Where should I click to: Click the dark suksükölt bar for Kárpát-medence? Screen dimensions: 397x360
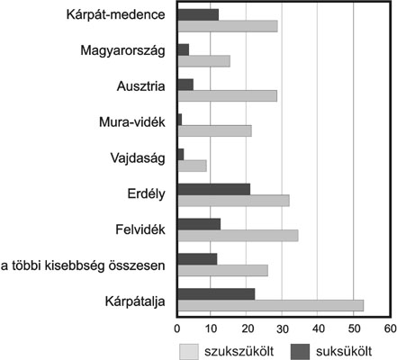pos(198,14)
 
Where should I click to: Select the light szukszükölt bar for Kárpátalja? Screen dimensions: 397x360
pos(271,305)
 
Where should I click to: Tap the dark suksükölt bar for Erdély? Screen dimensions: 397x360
pos(214,189)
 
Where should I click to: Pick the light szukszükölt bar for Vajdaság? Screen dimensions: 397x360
pos(193,166)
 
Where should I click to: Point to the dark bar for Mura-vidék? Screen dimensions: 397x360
pos(180,120)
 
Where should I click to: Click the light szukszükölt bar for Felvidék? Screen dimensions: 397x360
pos(239,236)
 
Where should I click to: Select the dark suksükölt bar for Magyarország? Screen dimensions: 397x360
pos(184,49)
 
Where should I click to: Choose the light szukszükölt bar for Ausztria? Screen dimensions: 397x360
pos(228,96)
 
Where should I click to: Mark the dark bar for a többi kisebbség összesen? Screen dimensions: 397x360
pos(197,259)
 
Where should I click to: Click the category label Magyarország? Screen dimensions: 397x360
pos(122,50)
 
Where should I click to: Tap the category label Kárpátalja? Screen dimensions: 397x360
pos(135,301)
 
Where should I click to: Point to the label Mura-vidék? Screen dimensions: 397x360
pos(132,122)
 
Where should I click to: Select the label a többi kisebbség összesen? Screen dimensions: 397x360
pos(83,265)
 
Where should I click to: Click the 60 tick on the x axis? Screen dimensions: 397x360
pos(391,328)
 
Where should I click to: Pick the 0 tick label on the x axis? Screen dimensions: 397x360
pos(177,328)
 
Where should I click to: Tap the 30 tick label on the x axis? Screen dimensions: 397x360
pos(282,328)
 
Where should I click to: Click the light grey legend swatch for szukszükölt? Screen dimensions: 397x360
pos(189,351)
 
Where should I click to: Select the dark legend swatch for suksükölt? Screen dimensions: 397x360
pos(300,351)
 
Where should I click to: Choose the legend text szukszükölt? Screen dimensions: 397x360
pos(239,351)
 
